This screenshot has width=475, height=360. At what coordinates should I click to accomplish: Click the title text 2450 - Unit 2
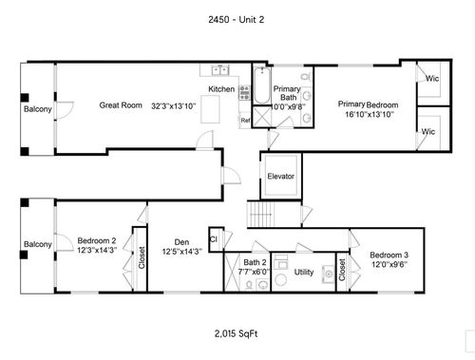237,20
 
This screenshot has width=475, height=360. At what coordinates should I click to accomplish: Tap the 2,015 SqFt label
237,333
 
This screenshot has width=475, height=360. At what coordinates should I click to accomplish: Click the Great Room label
120,105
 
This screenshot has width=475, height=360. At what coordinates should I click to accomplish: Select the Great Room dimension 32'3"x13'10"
173,105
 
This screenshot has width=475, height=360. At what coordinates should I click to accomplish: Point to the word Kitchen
221,90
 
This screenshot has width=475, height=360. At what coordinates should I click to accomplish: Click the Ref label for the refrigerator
245,121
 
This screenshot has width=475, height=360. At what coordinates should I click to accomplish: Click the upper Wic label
431,79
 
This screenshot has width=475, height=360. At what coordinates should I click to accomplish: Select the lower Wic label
428,131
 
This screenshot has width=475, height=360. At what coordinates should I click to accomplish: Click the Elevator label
280,177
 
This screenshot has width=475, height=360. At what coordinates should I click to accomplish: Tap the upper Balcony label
38,109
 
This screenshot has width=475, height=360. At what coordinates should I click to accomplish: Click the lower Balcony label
38,244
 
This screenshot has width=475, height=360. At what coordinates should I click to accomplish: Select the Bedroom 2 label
97,240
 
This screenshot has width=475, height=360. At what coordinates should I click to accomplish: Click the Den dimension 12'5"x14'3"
180,252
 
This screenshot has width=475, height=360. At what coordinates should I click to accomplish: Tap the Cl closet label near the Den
214,239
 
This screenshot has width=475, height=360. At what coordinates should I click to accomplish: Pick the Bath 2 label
255,262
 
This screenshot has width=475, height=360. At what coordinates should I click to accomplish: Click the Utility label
304,272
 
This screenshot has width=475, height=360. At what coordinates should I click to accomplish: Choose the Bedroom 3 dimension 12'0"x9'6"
389,266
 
